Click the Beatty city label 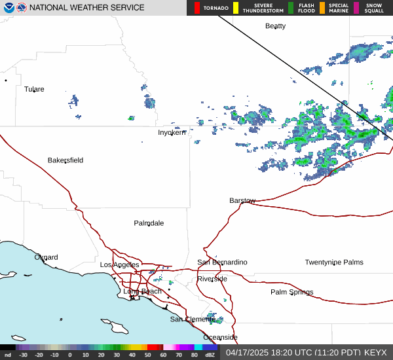275,26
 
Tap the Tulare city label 34,89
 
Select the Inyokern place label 172,132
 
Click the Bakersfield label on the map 65,160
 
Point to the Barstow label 242,200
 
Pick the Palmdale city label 149,223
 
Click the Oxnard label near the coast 46,257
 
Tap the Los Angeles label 119,264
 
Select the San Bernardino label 223,262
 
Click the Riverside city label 212,279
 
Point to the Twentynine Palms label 333,262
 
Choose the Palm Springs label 292,292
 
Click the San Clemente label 193,319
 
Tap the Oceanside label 220,337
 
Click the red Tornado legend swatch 196,8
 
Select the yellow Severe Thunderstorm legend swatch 236,8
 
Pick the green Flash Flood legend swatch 291,8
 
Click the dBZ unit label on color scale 210,355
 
